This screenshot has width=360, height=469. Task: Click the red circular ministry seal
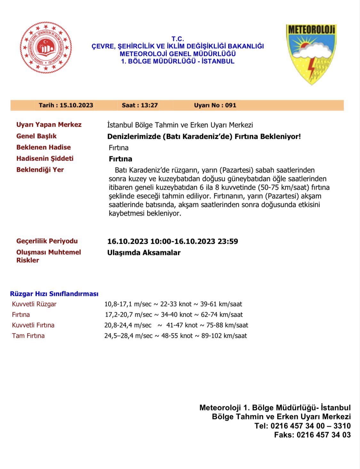(46, 47)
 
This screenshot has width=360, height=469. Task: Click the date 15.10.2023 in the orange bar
(76, 105)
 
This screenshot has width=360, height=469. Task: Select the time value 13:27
(149, 105)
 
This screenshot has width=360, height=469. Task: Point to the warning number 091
(230, 105)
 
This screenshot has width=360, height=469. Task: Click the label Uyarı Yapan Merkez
(49, 124)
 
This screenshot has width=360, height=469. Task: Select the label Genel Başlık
(36, 136)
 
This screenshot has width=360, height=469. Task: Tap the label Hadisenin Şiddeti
(45, 158)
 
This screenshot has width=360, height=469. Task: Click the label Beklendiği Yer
(40, 170)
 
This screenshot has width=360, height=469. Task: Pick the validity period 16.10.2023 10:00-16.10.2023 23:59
(172, 241)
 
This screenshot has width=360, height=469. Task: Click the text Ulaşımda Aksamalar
(144, 252)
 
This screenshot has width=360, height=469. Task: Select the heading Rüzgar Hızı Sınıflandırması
(54, 294)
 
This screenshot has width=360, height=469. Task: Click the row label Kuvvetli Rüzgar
(34, 304)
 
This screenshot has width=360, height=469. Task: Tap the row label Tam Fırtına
(28, 336)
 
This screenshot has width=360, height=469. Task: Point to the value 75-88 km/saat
(227, 325)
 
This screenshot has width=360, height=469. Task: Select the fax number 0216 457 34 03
(324, 435)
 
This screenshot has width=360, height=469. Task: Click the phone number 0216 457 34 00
(298, 426)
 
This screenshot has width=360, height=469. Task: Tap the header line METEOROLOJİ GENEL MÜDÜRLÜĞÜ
(178, 54)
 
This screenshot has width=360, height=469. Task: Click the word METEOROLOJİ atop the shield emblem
(311, 30)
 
